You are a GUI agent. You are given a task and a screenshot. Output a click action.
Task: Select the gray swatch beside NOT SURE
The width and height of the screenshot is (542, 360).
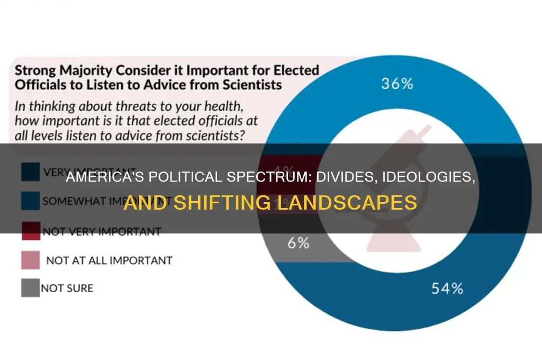pos(30,288)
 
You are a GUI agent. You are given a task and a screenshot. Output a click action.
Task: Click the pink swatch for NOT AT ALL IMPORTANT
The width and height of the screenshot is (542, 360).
pos(30,260)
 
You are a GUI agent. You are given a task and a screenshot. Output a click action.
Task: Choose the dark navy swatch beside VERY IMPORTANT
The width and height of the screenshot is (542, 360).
pos(30,172)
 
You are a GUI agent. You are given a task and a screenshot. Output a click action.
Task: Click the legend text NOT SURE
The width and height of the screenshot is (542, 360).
pos(68,289)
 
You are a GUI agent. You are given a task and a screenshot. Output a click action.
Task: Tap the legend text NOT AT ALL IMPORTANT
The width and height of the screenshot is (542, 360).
pos(109,260)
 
